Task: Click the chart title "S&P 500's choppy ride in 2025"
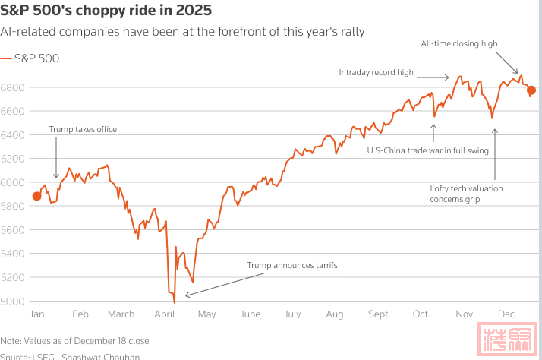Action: [x=106, y=12]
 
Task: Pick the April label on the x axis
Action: [x=164, y=314]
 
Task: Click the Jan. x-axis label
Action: [x=38, y=314]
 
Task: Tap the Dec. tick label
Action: [x=507, y=314]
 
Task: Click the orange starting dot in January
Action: [x=37, y=197]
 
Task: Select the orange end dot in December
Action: [x=531, y=90]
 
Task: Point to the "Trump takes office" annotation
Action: [x=83, y=129]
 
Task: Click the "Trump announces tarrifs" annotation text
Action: [x=291, y=265]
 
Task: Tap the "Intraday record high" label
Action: [x=376, y=72]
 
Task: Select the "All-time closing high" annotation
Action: [x=459, y=43]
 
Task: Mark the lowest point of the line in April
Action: [x=175, y=302]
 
